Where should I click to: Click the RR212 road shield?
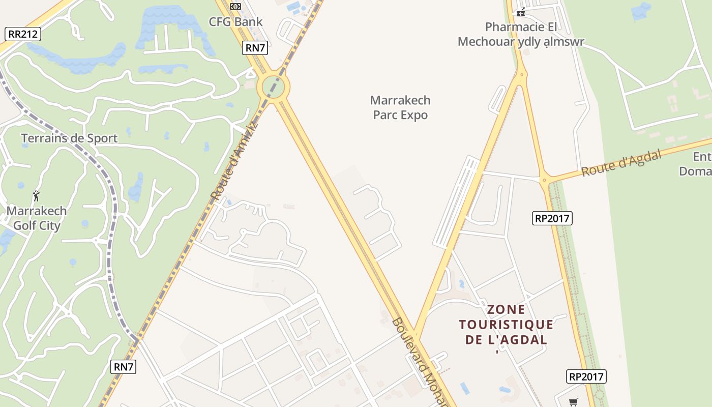tap(23, 34)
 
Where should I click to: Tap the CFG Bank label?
tap(236, 22)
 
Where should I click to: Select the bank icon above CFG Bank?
tap(235, 7)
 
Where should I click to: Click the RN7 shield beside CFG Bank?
tap(255, 48)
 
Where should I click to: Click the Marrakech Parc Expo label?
tap(400, 107)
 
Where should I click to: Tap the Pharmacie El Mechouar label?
tap(521, 34)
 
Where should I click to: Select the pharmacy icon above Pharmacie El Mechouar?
tap(521, 12)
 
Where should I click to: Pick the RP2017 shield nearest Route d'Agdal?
tap(553, 218)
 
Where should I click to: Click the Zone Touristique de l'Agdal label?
tap(506, 324)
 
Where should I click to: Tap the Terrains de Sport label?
tap(69, 138)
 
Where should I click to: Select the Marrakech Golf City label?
tap(37, 218)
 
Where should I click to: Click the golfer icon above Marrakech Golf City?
tap(36, 195)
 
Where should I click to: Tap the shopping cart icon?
tap(574, 402)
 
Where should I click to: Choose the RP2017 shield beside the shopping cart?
tap(586, 376)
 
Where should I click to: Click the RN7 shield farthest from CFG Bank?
tap(124, 366)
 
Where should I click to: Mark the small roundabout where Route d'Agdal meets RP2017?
tap(544, 180)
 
